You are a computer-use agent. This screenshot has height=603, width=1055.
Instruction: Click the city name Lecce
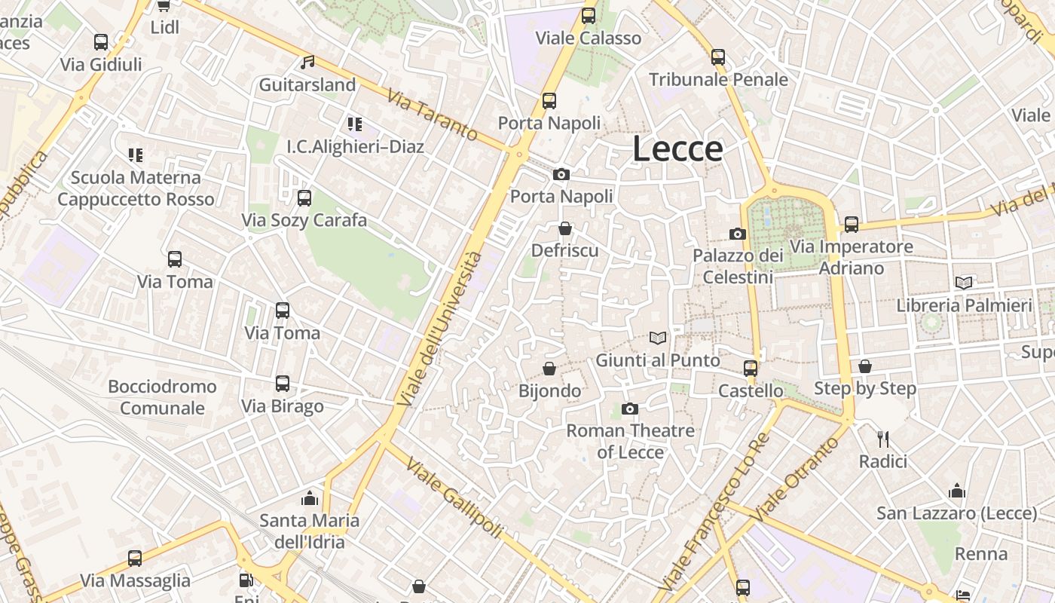pos(677,148)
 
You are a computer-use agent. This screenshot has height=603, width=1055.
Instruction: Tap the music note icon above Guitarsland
pos(307,63)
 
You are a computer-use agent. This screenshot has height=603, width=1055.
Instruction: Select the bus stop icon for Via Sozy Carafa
pos(304,198)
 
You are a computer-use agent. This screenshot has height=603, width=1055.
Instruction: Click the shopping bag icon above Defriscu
pos(565,228)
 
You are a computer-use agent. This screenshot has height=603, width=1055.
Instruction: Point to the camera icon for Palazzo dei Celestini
pos(738,234)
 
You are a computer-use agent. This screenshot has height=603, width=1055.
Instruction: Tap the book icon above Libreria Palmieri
pos(964,283)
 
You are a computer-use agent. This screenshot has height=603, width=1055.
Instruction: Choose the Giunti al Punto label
pos(658,360)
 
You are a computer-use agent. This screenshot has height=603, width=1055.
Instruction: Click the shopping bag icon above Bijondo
pos(550,369)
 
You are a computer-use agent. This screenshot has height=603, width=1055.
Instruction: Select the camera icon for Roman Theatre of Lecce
pos(630,409)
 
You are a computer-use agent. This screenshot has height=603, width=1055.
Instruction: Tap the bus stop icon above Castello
pos(751,368)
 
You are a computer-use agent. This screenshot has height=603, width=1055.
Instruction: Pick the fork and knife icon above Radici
pos(883,439)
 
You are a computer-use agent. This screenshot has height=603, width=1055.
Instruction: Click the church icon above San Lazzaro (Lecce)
pos(957,491)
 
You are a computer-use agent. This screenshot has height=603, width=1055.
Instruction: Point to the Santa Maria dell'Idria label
pos(310,531)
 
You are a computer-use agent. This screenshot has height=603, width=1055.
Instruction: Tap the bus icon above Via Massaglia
pos(135,559)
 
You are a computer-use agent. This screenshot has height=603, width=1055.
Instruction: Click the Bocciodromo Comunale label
pos(162,397)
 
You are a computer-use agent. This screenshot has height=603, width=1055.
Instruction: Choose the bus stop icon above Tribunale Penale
pos(718,57)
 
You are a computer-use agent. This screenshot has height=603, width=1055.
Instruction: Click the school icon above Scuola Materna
pos(136,155)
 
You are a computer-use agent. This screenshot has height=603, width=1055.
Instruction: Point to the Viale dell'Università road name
pos(440,330)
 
